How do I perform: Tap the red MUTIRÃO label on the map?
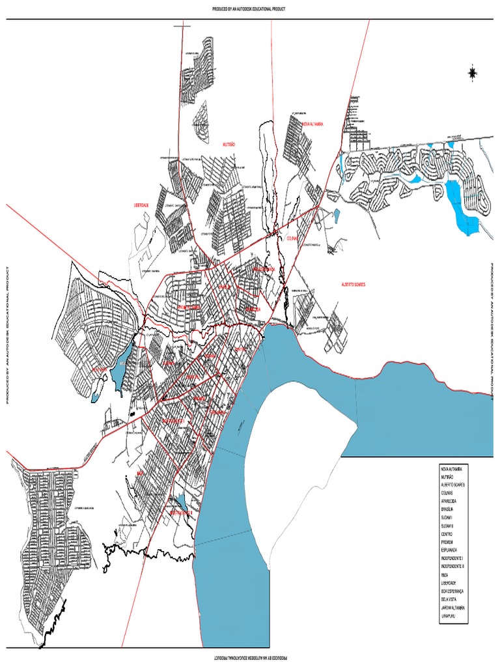click(x=229, y=144)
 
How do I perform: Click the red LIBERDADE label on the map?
click(x=141, y=205)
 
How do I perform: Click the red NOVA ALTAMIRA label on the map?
click(x=312, y=123)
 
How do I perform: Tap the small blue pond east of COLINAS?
click(x=336, y=216)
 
